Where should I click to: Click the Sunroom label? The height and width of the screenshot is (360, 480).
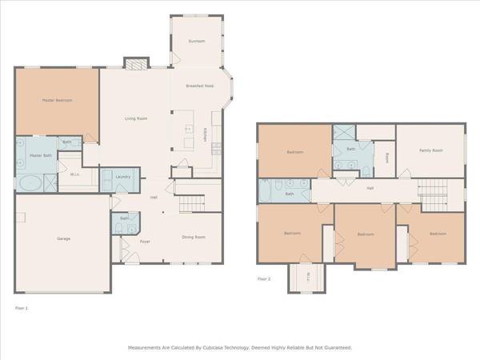[196, 41]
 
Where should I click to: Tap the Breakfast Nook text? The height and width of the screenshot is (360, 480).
[199, 86]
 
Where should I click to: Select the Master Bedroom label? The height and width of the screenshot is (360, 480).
[57, 100]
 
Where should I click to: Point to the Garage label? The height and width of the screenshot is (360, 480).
[62, 238]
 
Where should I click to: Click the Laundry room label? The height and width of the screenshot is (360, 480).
[122, 177]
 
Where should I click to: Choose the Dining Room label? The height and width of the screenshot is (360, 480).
[194, 237]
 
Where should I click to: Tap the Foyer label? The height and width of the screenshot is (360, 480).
[146, 241]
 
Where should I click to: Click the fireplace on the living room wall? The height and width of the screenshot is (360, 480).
[137, 63]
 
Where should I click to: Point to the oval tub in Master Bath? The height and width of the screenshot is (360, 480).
[31, 182]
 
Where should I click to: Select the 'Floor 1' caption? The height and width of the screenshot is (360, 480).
[22, 306]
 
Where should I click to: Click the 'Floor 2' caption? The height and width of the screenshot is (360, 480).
[265, 278]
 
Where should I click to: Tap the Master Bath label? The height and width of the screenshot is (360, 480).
[41, 155]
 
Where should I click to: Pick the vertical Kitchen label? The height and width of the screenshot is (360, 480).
[206, 138]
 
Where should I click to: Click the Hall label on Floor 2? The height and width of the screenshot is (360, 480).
[370, 189]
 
